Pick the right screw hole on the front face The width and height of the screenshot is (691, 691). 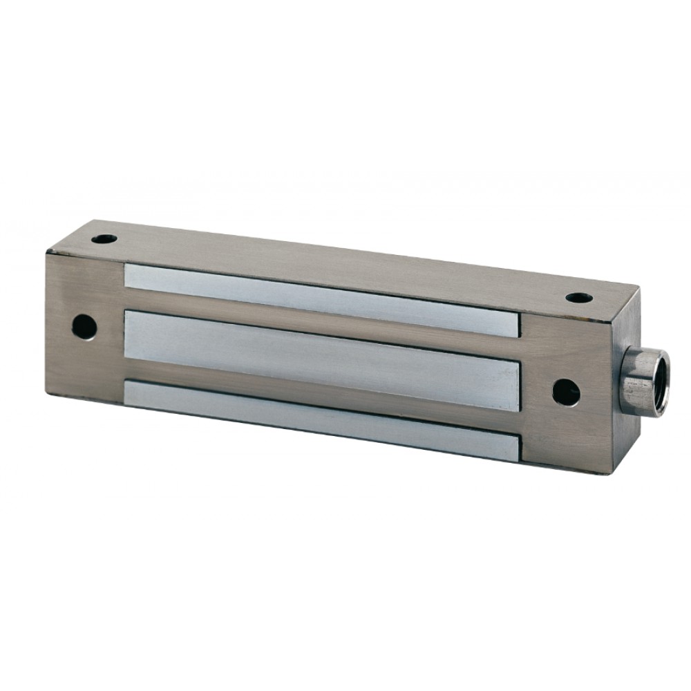(x=565, y=392)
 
